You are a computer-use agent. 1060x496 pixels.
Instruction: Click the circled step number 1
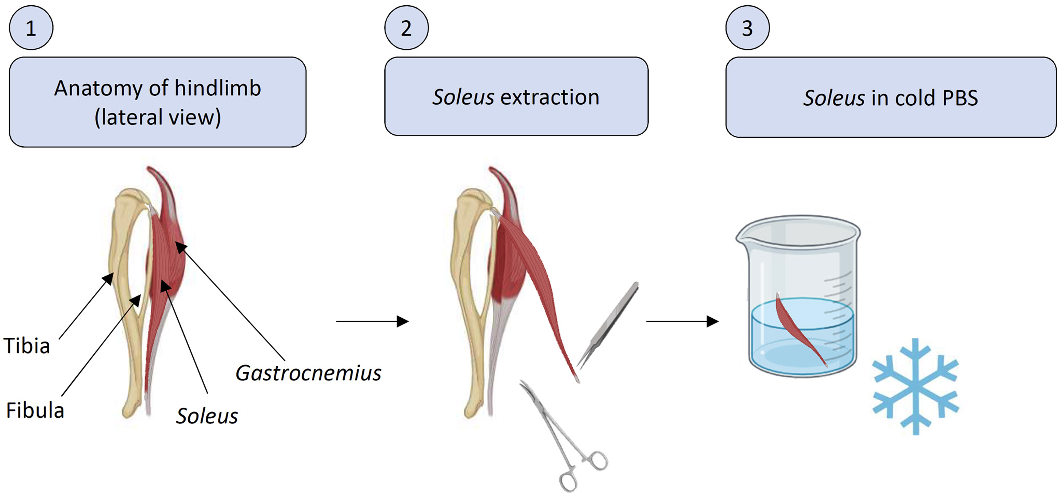tap(31, 28)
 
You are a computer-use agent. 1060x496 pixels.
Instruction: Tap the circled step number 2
tap(406, 28)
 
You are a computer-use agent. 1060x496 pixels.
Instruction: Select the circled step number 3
tap(747, 28)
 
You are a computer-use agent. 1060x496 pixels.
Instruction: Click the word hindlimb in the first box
tap(217, 88)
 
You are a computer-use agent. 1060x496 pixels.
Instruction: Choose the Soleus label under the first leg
tap(207, 416)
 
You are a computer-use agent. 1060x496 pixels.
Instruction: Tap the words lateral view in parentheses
tap(158, 118)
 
